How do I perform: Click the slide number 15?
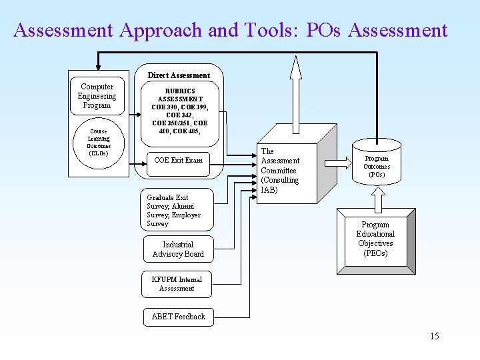pos(434,336)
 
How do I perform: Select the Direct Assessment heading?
pos(179,75)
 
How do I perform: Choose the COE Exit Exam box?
pos(178,160)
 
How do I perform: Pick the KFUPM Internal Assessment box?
pos(177,284)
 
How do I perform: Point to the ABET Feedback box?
pos(178,317)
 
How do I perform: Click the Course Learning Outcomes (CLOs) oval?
pos(99,143)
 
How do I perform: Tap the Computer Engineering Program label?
pos(97,96)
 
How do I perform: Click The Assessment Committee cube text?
pos(280,161)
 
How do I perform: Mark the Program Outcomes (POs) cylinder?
pos(377,166)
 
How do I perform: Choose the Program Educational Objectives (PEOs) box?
pos(375,239)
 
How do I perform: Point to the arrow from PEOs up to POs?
pos(377,197)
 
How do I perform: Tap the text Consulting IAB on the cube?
pos(280,185)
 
